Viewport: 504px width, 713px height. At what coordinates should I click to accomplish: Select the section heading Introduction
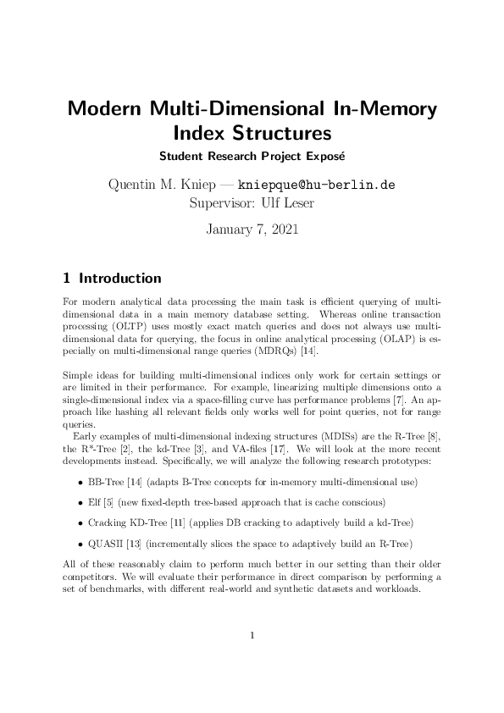pyautogui.click(x=119, y=278)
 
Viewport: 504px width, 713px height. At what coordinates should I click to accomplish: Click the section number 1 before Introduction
pyautogui.click(x=67, y=278)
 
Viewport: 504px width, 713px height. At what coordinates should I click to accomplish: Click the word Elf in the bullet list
pyautogui.click(x=94, y=502)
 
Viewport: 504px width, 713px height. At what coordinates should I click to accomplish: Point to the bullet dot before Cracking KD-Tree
pyautogui.click(x=79, y=522)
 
